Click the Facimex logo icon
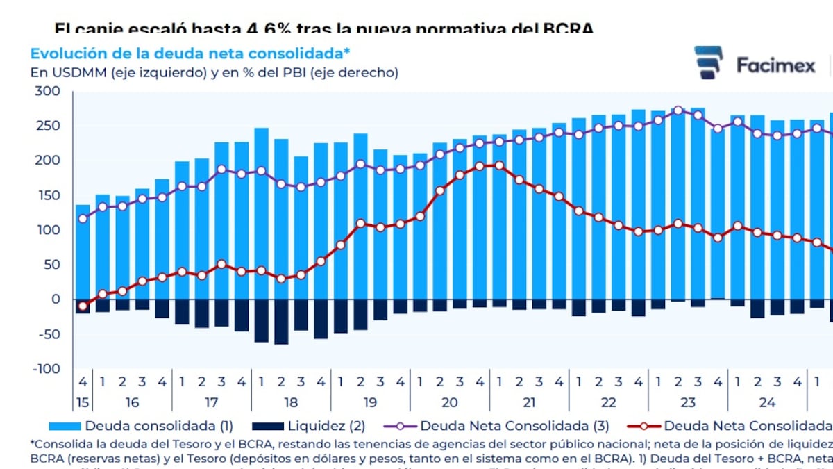coord(709,63)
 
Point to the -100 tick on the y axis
coord(47,369)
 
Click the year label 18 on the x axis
coord(291,402)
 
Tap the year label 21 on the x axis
coord(529,402)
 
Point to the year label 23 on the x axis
coord(688,402)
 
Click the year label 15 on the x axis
coord(83,402)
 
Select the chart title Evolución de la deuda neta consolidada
coord(190,54)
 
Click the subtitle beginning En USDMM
coord(214,72)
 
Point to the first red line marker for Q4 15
coord(83,306)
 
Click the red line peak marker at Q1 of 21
coord(499,165)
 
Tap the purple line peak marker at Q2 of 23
coord(678,110)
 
